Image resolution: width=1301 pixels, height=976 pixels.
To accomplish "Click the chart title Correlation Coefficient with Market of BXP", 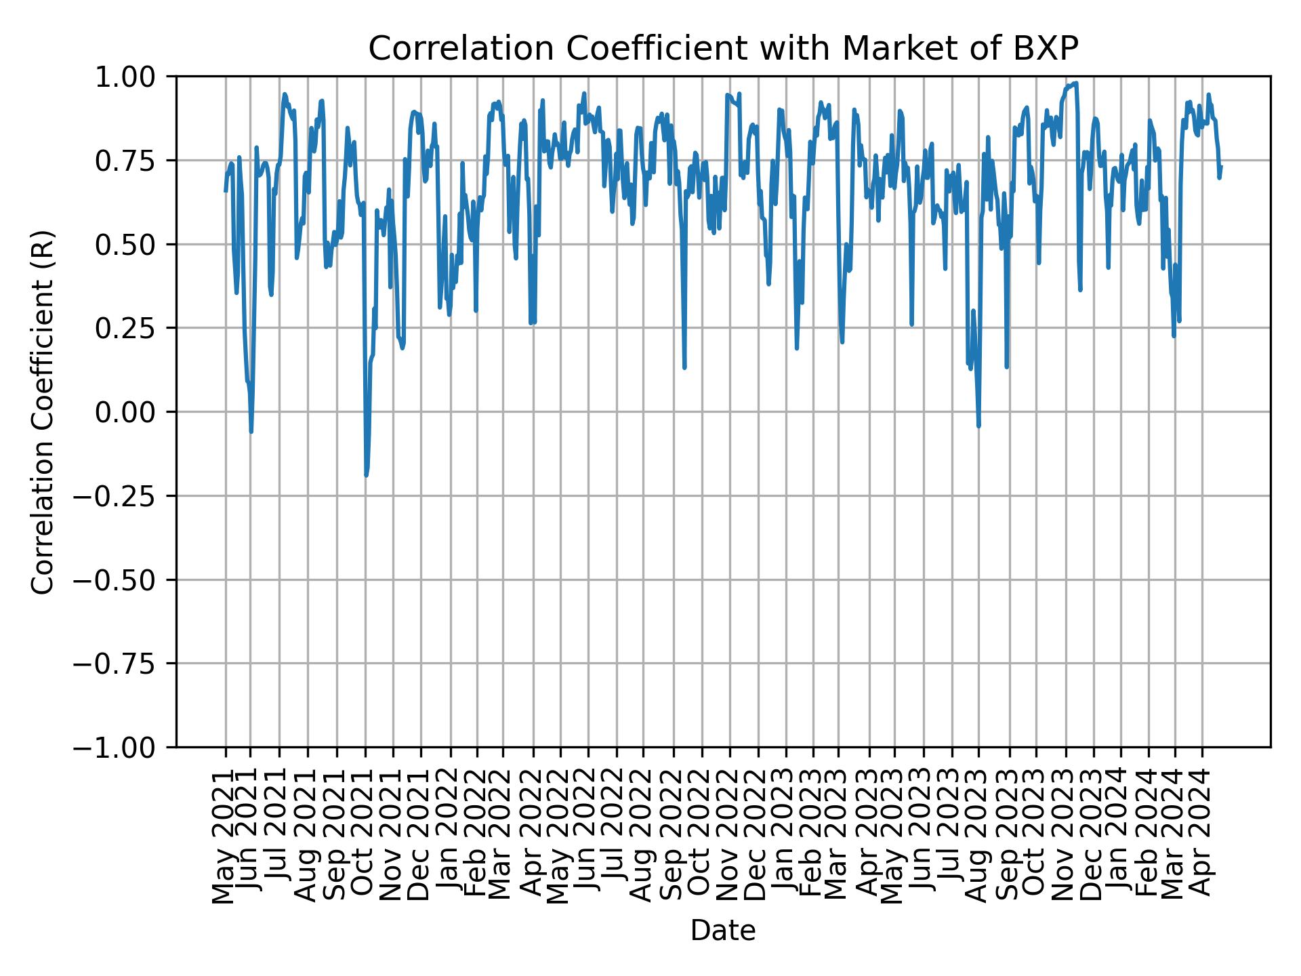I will [722, 49].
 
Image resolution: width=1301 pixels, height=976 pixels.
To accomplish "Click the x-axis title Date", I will [722, 931].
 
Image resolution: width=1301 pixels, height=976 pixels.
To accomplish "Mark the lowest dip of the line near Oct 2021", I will [366, 475].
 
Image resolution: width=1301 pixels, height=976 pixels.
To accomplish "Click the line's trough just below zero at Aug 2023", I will [978, 426].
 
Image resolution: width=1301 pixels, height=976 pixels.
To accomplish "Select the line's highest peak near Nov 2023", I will [1076, 83].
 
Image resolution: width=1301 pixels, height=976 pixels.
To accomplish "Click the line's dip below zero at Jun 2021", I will [251, 432].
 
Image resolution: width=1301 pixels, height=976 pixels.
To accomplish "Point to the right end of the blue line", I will [1221, 166].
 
